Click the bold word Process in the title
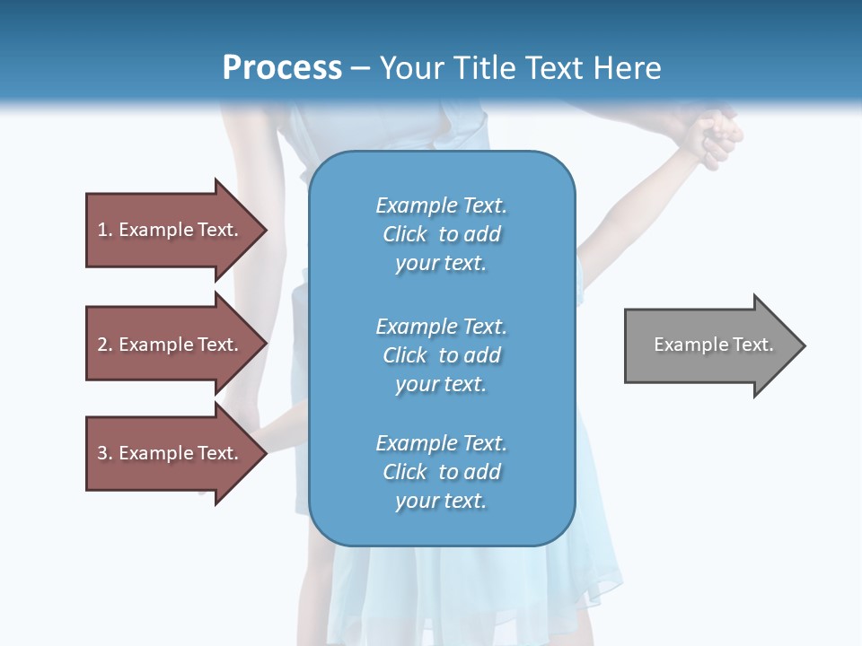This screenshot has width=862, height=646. (x=282, y=68)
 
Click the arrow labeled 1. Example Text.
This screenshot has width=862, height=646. (x=171, y=230)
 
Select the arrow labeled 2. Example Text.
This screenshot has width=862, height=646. (x=171, y=345)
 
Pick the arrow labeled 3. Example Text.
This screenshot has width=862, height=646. (x=171, y=453)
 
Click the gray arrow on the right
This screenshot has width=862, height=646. (x=709, y=345)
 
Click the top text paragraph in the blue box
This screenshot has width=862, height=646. (x=441, y=234)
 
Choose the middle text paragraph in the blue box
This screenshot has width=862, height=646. (x=441, y=354)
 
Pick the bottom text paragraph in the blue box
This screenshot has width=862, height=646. (x=441, y=472)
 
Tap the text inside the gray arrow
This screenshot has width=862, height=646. (x=713, y=345)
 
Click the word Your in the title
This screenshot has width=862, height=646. (x=412, y=68)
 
